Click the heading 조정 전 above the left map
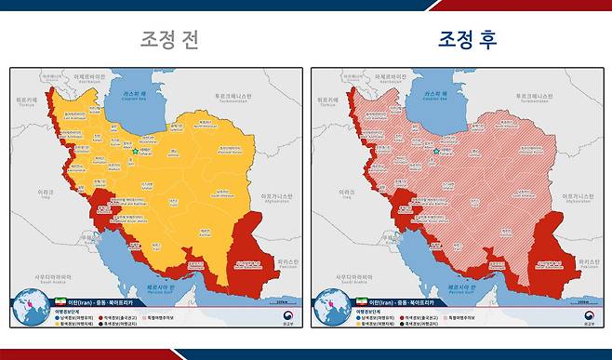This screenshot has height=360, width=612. pos(168,39)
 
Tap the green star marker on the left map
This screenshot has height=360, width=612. pos(135,151)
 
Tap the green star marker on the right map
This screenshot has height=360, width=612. pos(436,151)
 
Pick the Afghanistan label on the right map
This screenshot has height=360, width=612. pos(577,197)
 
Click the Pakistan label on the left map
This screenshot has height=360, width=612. pos(281,264)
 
